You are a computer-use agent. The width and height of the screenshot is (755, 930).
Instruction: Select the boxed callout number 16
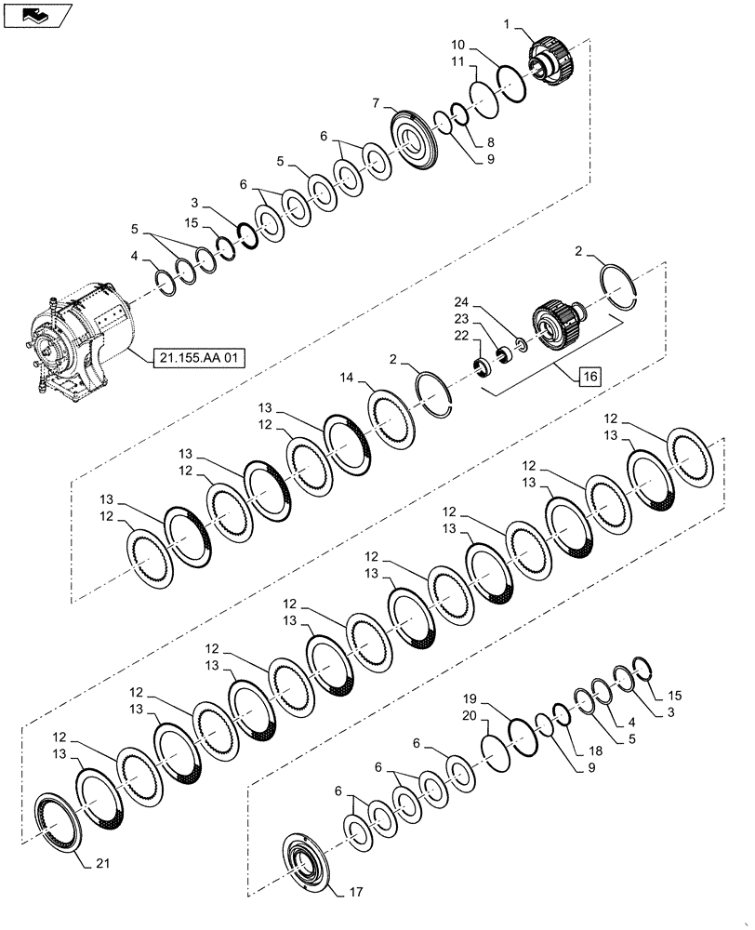click(590, 377)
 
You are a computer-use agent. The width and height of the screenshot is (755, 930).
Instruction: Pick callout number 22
click(462, 336)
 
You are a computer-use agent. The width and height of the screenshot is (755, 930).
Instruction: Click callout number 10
click(457, 44)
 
